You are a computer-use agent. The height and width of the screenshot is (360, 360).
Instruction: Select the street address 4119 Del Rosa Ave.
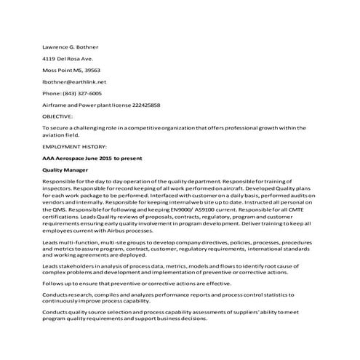pyautogui.click(x=68, y=58)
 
